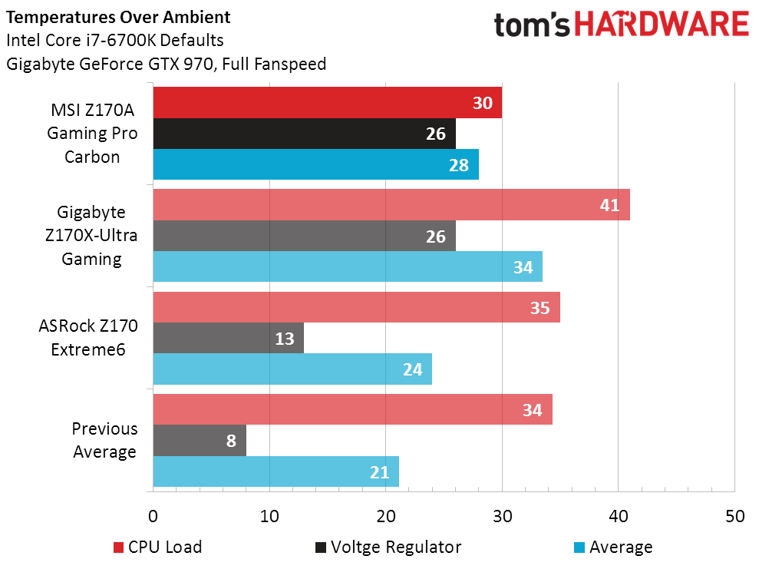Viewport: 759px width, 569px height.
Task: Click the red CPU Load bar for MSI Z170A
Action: pos(322,103)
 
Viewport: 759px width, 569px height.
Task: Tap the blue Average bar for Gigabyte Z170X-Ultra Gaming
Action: pos(345,266)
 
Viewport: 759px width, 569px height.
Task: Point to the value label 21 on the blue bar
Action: pos(380,471)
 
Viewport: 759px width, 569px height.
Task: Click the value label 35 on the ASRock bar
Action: pos(540,307)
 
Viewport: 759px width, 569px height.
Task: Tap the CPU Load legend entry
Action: pos(157,547)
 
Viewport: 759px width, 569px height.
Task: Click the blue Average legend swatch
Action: pos(579,547)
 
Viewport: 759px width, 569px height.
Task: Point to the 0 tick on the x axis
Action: pos(153,516)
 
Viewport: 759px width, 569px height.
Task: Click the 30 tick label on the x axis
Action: pos(502,516)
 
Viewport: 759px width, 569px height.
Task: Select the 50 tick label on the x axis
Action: pos(734,516)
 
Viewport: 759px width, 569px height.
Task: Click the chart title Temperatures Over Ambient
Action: pos(117,17)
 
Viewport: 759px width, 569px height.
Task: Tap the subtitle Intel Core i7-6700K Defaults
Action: pos(115,40)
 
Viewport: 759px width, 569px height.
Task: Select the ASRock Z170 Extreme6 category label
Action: pos(88,337)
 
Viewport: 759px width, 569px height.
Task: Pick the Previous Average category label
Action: pos(104,440)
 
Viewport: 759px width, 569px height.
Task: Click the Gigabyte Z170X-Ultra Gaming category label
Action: pos(91,235)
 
